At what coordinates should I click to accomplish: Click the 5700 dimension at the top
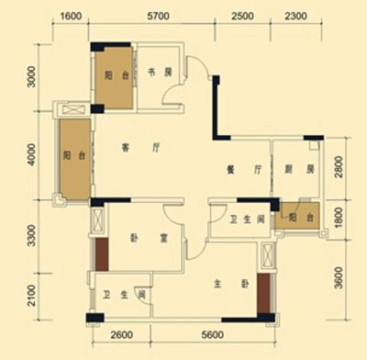coord(158,16)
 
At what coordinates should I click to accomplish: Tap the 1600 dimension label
coord(71,16)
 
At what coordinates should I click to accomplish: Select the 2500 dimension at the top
coord(242,16)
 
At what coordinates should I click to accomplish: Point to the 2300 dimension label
coord(295,16)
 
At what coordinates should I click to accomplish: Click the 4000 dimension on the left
coord(31,155)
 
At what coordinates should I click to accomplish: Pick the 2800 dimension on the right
coord(339,167)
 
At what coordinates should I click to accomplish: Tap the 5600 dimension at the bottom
coord(213,335)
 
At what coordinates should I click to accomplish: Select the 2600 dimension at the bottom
coord(122,335)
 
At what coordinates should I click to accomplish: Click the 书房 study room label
coord(160,73)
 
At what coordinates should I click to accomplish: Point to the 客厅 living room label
coord(140,148)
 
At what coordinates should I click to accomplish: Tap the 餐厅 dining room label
coord(244,169)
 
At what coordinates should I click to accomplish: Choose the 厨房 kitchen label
coord(299,169)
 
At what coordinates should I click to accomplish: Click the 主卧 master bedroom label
coord(231,285)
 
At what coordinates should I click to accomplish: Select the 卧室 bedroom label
coord(149,238)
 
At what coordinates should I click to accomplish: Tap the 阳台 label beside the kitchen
coord(301,218)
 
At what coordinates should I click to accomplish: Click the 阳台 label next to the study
coord(117,75)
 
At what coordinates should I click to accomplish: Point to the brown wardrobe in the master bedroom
coord(263,293)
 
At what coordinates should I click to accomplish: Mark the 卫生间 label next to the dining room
coord(247,219)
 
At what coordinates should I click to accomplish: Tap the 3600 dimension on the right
coord(339,277)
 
